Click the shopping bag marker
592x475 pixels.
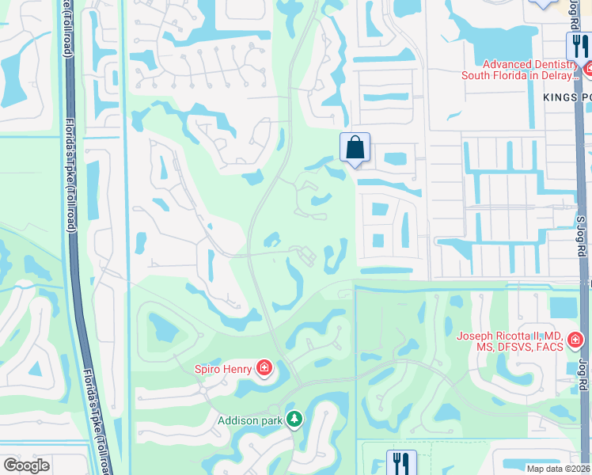(355, 147)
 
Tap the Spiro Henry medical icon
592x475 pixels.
(264, 368)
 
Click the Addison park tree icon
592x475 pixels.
(294, 418)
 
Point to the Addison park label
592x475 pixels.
(250, 420)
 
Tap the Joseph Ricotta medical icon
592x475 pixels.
(575, 340)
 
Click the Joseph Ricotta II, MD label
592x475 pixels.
(510, 341)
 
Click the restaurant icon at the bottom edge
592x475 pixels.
(401, 462)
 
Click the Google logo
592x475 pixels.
(26, 465)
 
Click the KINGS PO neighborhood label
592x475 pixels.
(567, 97)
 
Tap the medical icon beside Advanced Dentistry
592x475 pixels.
(588, 70)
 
